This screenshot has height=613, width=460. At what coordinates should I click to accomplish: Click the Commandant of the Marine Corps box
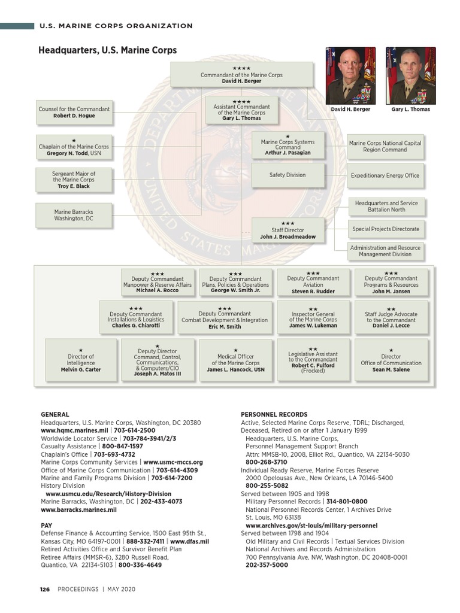point(242,74)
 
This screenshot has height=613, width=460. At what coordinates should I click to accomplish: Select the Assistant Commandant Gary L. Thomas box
point(241,111)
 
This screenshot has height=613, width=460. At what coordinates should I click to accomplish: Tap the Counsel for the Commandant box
point(74,112)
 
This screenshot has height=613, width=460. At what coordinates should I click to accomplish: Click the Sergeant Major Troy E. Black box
point(74,180)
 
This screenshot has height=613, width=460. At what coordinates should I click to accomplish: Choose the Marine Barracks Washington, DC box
point(74,216)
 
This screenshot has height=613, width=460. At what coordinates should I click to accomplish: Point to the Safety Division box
point(287,175)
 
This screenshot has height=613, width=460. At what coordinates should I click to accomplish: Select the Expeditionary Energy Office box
point(386,176)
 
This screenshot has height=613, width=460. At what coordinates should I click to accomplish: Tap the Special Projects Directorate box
point(386,229)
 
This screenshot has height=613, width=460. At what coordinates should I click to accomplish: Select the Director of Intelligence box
point(81,360)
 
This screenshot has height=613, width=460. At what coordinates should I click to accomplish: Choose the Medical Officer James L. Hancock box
point(235,360)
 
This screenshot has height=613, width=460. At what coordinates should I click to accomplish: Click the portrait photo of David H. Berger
point(350,75)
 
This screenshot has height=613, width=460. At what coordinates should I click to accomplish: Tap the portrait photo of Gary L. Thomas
point(410,75)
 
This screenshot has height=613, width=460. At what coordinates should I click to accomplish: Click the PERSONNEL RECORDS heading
point(274,414)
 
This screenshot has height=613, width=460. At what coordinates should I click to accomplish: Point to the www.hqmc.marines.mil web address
point(74,430)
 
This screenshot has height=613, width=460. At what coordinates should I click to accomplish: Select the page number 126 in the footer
point(44,589)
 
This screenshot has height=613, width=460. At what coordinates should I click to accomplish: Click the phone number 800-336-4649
point(140,565)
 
